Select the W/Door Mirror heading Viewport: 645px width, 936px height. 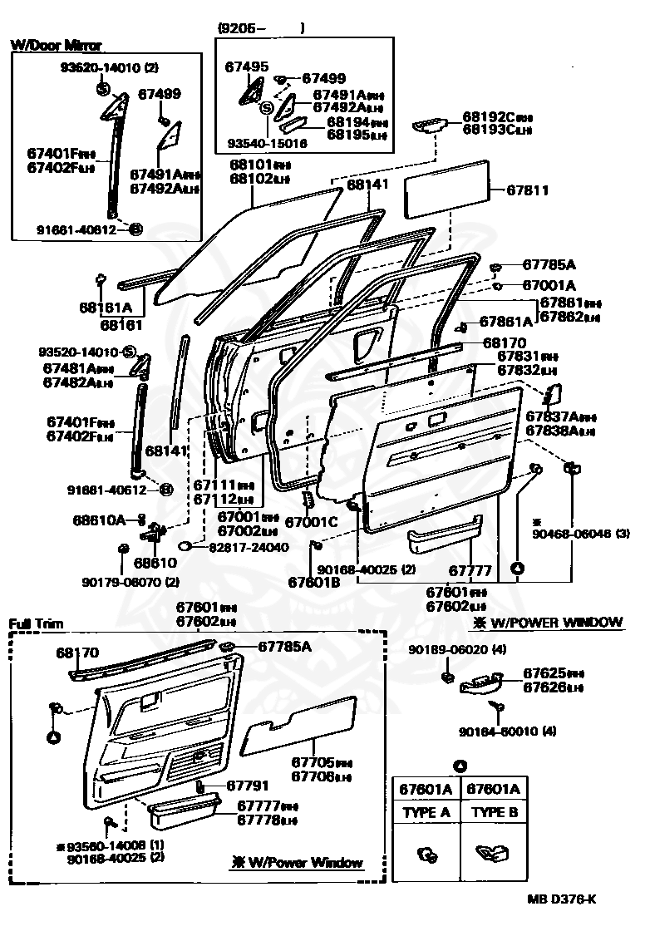point(57,46)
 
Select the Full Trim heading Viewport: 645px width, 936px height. point(36,623)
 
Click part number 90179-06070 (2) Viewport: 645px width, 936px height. point(130,581)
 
